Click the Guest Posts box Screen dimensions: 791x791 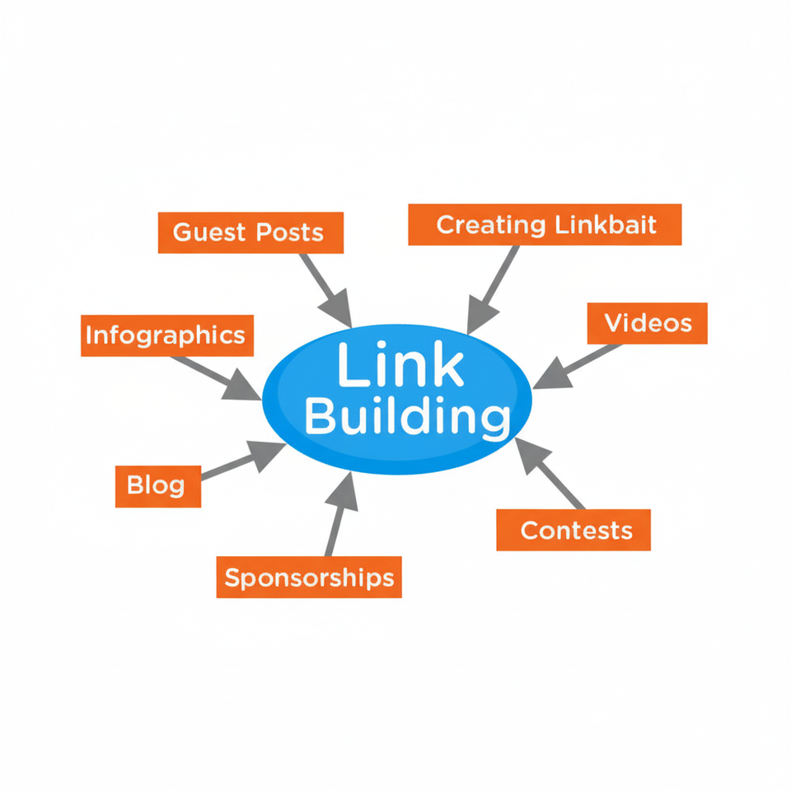pyautogui.click(x=249, y=232)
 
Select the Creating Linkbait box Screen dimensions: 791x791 pyautogui.click(x=545, y=225)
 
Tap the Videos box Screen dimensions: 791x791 pyautogui.click(x=648, y=323)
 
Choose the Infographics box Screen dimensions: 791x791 pyautogui.click(x=166, y=335)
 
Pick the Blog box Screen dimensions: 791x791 pyautogui.click(x=157, y=485)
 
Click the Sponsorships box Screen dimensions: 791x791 pyautogui.click(x=309, y=577)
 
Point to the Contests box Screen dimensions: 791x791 pyautogui.click(x=574, y=530)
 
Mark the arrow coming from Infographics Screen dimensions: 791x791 pyautogui.click(x=216, y=377)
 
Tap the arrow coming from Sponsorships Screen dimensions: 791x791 pyautogui.click(x=338, y=515)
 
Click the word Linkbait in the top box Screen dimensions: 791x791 pyautogui.click(x=606, y=225)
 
